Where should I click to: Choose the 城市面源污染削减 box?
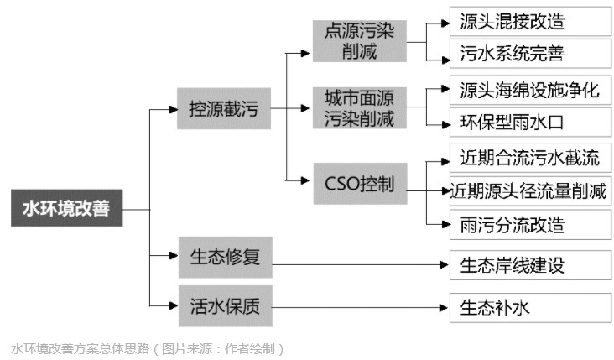[359, 108]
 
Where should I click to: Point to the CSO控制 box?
[359, 183]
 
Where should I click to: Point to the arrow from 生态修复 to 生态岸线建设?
[361, 266]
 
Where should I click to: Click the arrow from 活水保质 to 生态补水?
[361, 307]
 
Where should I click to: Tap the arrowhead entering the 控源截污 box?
[172, 108]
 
